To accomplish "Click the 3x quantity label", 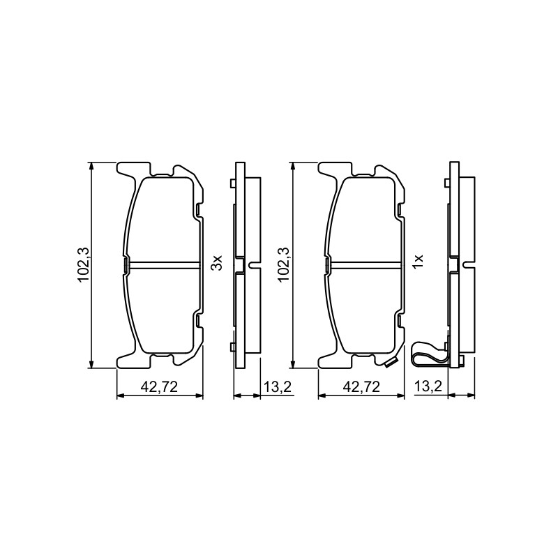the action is point(216,262).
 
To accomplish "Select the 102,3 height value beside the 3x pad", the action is point(84,265).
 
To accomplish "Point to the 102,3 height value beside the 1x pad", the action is point(285,265).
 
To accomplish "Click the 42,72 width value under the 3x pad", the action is point(159,386).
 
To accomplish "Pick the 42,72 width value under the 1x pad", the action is point(361,386).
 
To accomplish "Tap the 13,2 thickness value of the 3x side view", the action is point(278,386).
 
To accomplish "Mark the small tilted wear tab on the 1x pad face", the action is point(391,362).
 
